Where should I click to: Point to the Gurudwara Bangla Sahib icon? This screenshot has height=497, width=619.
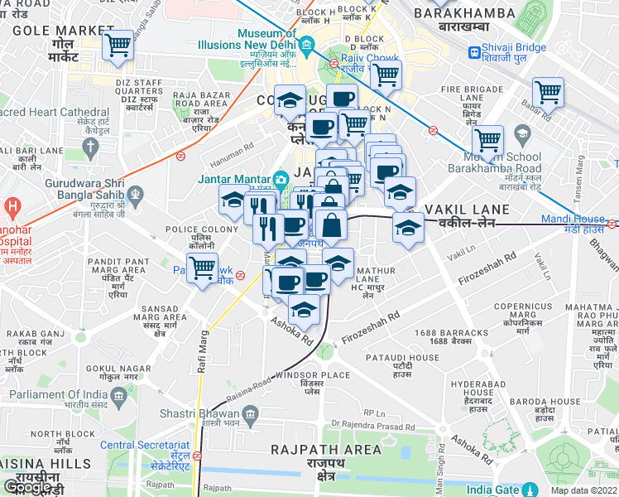(x=136, y=195)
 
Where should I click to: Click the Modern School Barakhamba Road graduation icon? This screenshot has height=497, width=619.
(x=522, y=133)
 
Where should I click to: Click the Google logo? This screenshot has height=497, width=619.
(x=27, y=487)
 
